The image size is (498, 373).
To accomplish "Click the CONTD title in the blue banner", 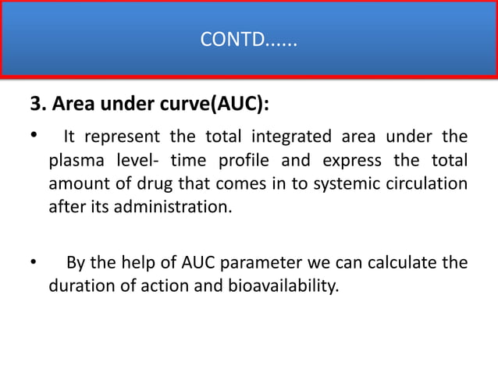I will click(x=248, y=38).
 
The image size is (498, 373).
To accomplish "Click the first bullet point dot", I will click(x=34, y=137).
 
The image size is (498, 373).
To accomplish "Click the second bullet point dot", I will click(x=34, y=261).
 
